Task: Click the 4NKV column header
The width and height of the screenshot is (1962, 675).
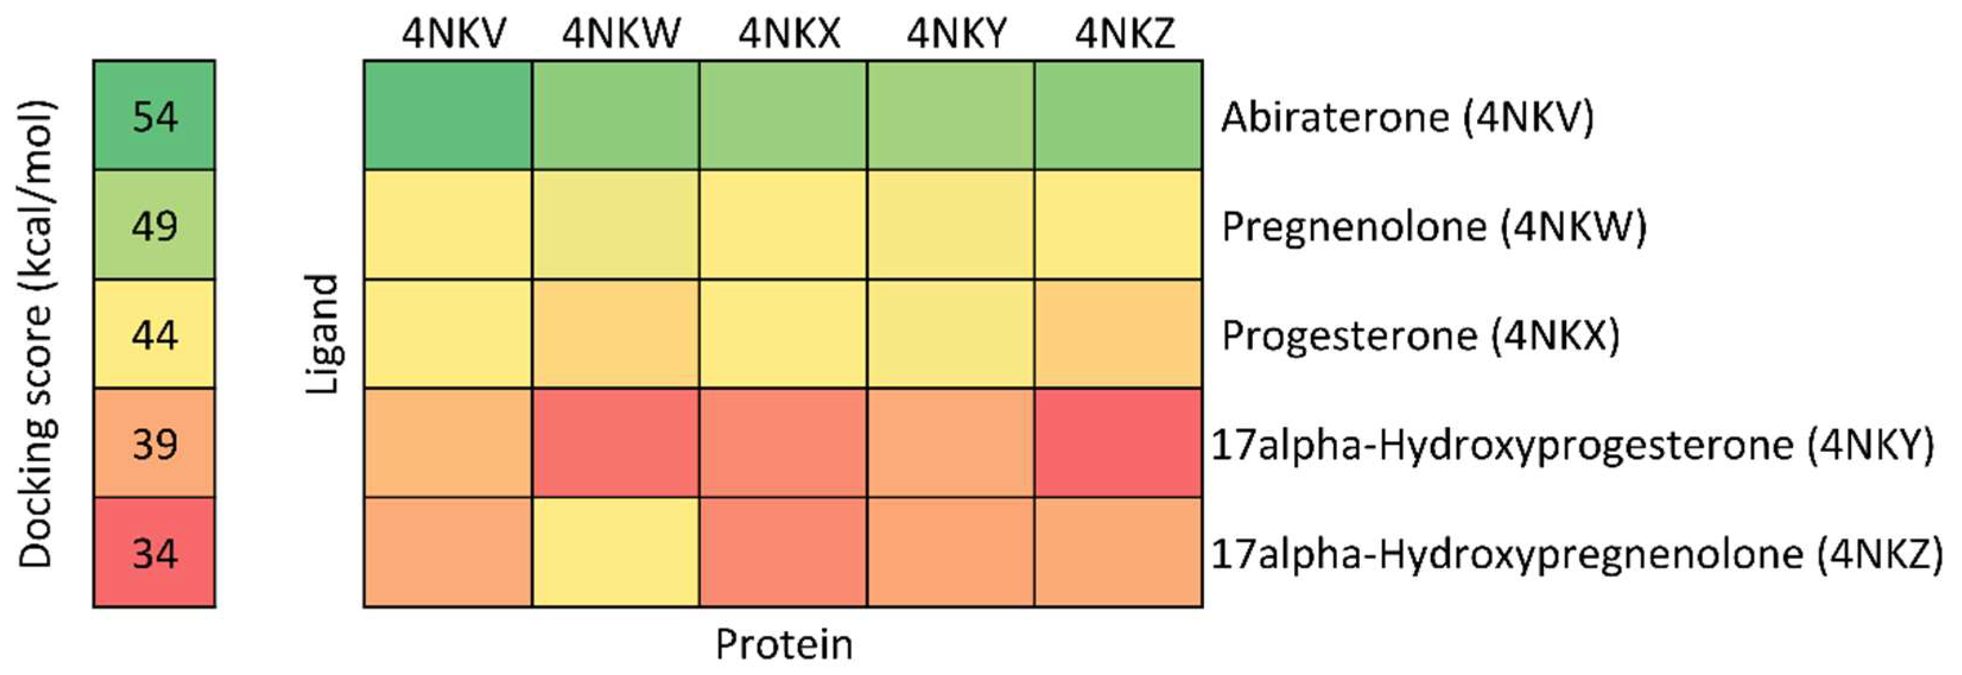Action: point(454,33)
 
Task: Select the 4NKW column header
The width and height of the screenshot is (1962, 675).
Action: point(621,33)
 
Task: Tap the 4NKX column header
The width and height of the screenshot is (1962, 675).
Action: point(789,33)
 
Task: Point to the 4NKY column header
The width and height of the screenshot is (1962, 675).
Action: point(957,33)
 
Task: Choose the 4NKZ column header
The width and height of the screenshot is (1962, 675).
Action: point(1125,33)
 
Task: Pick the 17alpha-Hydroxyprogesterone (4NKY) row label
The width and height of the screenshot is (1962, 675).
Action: point(1573,445)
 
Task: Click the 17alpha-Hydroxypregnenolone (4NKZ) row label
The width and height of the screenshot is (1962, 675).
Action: point(1577,554)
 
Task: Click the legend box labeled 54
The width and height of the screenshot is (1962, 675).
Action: point(155,116)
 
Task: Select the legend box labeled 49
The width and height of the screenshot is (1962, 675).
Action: point(155,226)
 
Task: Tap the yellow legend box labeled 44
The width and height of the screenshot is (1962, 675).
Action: point(155,334)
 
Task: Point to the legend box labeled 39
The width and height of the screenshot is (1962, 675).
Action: point(155,443)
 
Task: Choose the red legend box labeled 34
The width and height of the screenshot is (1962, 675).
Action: point(155,552)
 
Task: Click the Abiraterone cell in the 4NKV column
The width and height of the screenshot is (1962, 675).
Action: point(448,115)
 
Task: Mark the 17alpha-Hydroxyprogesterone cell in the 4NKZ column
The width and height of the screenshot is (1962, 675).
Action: point(1118,443)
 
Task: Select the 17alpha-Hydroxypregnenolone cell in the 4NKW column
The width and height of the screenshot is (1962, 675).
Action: point(615,552)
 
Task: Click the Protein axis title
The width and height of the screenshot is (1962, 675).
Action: point(784,645)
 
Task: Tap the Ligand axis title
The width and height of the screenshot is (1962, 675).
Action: point(322,334)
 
